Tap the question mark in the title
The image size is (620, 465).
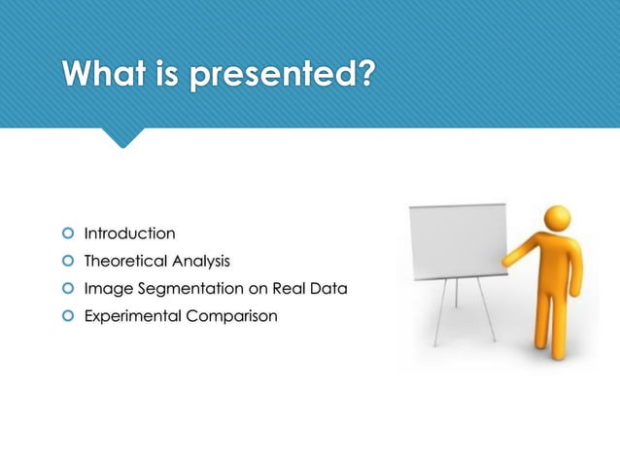362,74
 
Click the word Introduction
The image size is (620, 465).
129,233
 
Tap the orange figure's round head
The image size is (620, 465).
558,219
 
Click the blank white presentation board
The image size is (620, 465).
457,238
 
